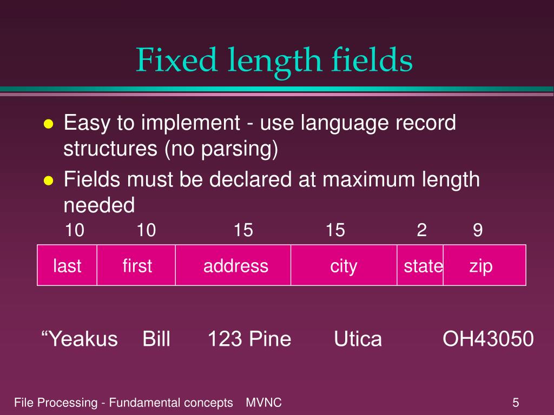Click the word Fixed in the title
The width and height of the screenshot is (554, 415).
point(166,60)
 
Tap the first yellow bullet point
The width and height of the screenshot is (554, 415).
point(48,124)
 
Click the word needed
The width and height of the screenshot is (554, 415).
point(98,205)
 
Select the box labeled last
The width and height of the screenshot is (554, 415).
point(67,265)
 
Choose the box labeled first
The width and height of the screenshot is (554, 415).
point(136,265)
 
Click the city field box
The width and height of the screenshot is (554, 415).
point(344,265)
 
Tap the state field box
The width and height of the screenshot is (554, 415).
point(420,265)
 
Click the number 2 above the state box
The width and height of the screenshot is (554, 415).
point(421,231)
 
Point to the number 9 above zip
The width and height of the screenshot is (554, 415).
point(477,231)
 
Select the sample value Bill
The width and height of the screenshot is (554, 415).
point(156,339)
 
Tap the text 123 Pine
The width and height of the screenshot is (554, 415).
point(249,339)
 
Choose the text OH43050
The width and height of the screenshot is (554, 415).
point(488,339)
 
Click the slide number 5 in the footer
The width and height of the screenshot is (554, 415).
point(516,403)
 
